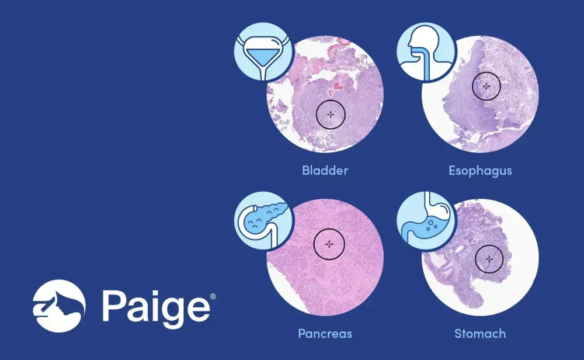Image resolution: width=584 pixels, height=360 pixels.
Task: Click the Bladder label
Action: (325, 171)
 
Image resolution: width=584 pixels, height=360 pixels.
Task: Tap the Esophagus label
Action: (480, 171)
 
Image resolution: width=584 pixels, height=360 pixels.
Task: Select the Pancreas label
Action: (325, 334)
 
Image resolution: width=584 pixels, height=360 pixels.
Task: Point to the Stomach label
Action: (480, 334)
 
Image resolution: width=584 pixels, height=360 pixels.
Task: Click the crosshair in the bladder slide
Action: (331, 114)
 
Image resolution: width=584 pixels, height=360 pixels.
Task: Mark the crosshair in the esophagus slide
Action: (486, 86)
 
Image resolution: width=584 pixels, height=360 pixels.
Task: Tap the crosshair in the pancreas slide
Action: (329, 243)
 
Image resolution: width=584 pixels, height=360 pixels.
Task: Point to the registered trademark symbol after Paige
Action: (213, 297)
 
